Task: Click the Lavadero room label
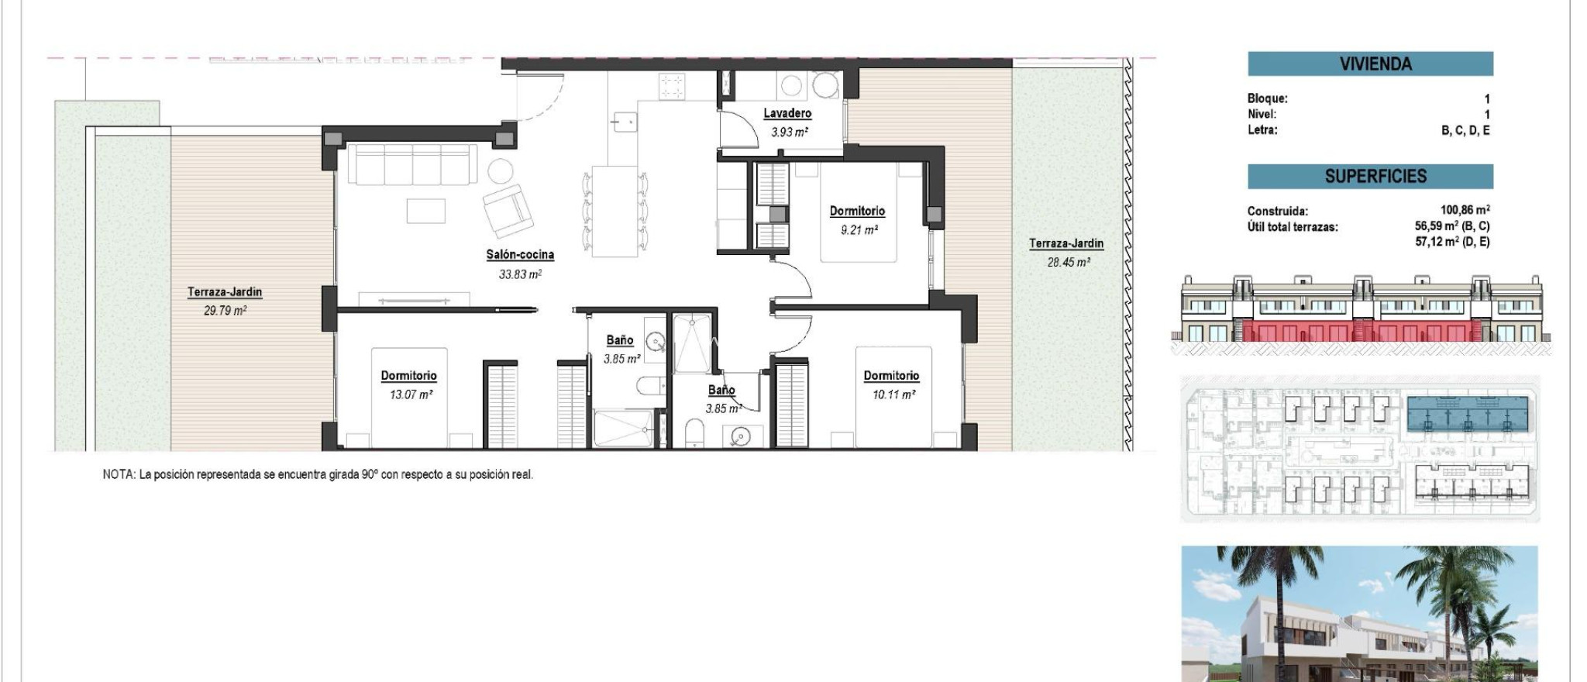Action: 787,113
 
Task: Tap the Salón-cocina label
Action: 520,254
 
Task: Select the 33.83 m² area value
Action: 520,274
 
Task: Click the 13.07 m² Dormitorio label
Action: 408,376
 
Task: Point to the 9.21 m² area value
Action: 859,230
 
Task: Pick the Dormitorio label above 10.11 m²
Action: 891,376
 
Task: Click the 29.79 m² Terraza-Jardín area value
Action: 225,311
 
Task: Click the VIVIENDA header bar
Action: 1370,64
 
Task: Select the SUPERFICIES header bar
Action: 1370,177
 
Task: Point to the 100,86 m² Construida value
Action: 1465,210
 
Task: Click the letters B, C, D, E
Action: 1465,130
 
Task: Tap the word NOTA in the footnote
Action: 118,474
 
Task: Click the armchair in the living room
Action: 508,210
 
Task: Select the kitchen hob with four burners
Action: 671,86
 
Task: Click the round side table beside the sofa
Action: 501,170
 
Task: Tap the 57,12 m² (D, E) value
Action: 1451,242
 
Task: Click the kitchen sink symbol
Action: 624,122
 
